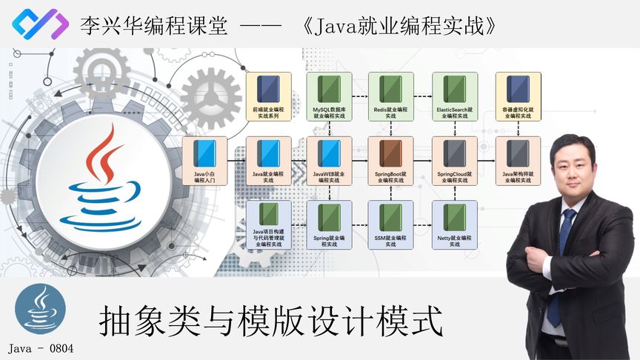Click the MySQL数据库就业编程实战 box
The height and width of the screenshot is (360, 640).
pos(330,97)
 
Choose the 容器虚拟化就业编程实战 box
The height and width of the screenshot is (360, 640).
pos(519,97)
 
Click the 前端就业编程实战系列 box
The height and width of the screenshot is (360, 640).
pos(268,97)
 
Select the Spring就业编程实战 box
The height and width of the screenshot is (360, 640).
pos(330,224)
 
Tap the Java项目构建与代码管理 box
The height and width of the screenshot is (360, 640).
pos(268,224)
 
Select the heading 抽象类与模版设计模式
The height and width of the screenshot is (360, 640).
pos(271,322)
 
